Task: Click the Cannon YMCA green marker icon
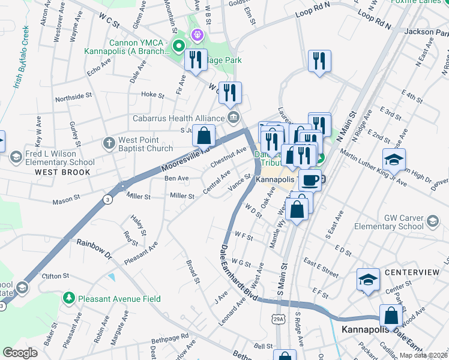pos(178,46)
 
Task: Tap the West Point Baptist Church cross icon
pos(109,143)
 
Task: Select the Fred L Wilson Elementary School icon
pos(16,158)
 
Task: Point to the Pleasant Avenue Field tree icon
pos(70,298)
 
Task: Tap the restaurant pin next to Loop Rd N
pos(319,61)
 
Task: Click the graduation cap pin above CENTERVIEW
pos(368,279)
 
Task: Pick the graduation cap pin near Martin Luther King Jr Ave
pos(394,160)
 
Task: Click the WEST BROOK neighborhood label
pos(62,172)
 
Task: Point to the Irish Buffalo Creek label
pos(19,58)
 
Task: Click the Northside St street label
pos(73,96)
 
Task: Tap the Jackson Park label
pos(427,31)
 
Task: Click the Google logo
pos(20,352)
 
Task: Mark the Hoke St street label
pos(152,95)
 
